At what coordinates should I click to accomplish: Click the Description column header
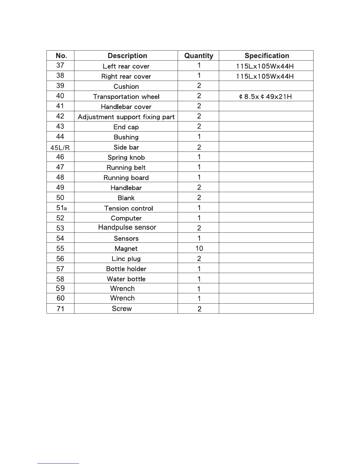coord(127,56)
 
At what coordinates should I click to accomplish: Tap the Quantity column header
coord(199,56)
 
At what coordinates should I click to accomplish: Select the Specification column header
coord(267,56)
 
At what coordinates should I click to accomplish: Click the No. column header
coord(61,56)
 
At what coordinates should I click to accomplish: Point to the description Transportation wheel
coord(126,97)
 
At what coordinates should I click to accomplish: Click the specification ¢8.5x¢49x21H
coord(265,97)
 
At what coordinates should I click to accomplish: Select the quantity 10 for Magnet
coord(199,249)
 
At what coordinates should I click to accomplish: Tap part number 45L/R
coord(60,148)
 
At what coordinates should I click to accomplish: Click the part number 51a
coord(61,208)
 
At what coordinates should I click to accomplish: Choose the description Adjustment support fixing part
coord(126,117)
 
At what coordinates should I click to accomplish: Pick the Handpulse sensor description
coord(127,227)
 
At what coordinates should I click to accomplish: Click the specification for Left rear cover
coord(265,66)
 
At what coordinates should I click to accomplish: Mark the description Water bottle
coord(126,279)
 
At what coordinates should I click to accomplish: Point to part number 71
coord(60,309)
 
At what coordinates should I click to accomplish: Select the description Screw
coord(122,309)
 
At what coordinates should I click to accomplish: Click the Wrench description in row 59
coord(122,289)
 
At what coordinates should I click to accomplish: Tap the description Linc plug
coord(126,259)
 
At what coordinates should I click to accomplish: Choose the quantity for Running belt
coord(199,167)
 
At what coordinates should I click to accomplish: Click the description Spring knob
coord(126,157)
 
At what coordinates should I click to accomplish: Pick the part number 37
coord(60,65)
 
